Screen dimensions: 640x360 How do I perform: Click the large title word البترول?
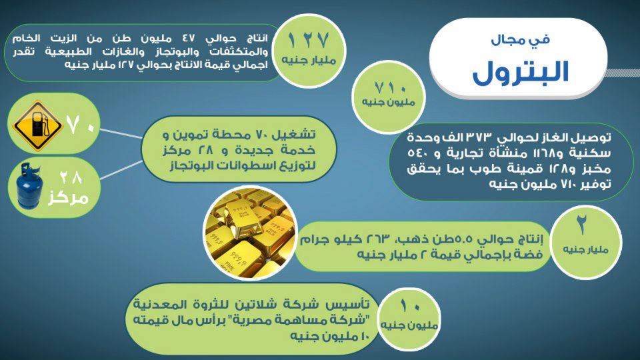pyautogui.click(x=521, y=72)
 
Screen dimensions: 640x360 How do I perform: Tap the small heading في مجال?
pyautogui.click(x=521, y=40)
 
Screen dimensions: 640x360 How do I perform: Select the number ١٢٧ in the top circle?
pyautogui.click(x=308, y=40)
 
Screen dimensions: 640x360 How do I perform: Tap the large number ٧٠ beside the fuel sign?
pyautogui.click(x=80, y=125)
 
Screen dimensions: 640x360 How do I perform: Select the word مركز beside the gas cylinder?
pyautogui.click(x=68, y=198)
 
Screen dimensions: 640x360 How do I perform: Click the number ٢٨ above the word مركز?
pyautogui.click(x=71, y=177)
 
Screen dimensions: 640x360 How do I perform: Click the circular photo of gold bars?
pyautogui.click(x=250, y=233)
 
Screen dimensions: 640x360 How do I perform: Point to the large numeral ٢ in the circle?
pyautogui.click(x=582, y=225)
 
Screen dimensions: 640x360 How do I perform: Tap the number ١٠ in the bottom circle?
pyautogui.click(x=409, y=305)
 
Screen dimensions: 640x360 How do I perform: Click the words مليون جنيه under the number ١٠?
pyautogui.click(x=409, y=325)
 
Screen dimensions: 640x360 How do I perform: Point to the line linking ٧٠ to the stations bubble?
pyautogui.click(x=121, y=133)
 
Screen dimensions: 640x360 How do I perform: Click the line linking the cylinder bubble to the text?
pyautogui.click(x=121, y=170)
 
